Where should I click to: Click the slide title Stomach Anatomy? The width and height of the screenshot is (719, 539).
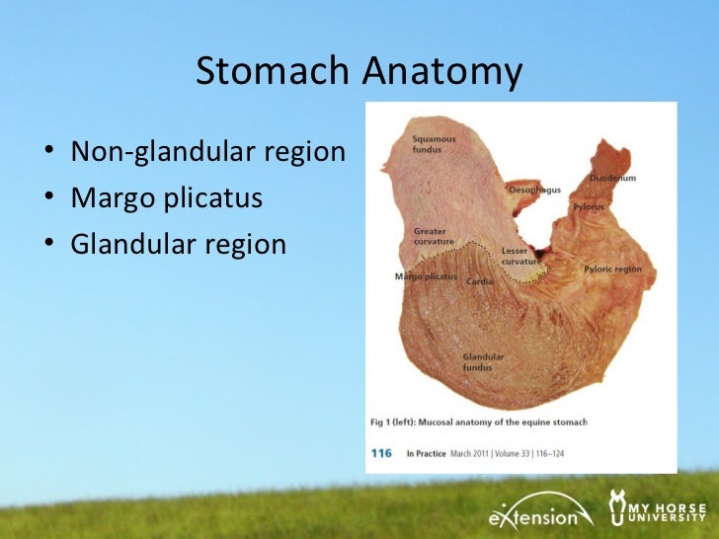[x=359, y=71]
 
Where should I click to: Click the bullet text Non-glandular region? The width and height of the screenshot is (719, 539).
[x=207, y=153]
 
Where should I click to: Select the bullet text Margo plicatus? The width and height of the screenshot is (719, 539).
[x=166, y=197]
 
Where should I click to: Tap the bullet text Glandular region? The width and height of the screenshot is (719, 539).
[x=178, y=243]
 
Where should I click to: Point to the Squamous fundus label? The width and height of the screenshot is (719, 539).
[x=434, y=144]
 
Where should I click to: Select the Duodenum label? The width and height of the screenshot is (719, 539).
[x=612, y=177]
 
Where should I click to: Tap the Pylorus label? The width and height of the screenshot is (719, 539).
[x=588, y=208]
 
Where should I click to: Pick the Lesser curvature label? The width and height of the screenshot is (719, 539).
[x=520, y=257]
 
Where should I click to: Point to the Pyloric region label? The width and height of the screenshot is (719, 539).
[x=612, y=269]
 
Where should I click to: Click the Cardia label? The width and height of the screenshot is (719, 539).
[x=480, y=281]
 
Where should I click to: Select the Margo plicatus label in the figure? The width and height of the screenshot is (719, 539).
[x=426, y=276]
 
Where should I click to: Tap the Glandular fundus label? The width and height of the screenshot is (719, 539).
[x=483, y=361]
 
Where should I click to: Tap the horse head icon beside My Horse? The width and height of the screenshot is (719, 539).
[x=618, y=505]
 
